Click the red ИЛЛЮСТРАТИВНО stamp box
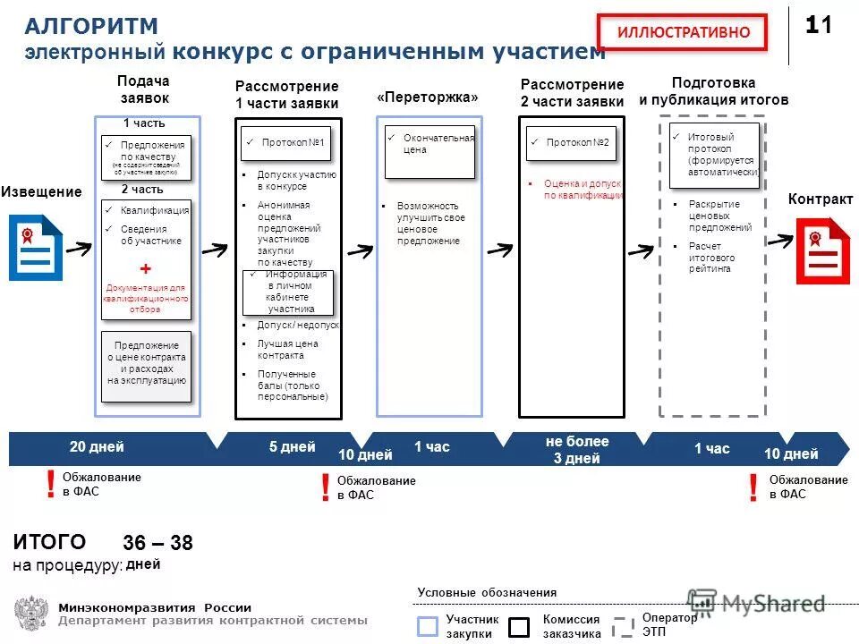682,32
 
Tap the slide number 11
818,26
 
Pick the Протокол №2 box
572,143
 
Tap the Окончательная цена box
429,151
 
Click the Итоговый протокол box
715,155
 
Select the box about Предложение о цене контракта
147,362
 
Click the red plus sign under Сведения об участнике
146,269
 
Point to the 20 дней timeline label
97,447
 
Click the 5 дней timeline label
292,447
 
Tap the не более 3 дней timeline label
577,450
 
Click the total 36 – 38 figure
157,544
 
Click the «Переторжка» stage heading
428,97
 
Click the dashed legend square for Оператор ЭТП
623,626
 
